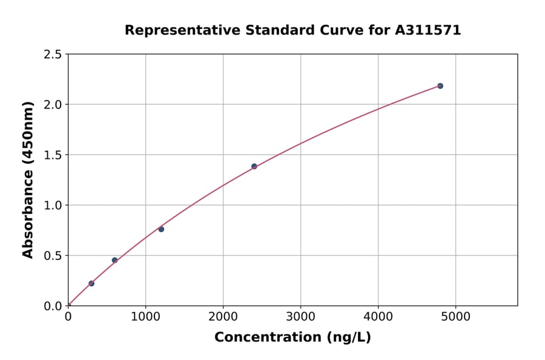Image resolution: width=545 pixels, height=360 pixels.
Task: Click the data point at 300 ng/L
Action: tap(91, 284)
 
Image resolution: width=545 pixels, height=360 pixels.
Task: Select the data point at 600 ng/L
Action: tap(114, 260)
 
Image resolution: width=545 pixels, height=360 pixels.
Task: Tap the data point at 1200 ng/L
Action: tap(161, 229)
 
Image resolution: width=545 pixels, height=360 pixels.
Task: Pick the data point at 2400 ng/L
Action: tap(254, 166)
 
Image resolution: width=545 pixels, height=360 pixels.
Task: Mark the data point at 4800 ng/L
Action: tap(440, 86)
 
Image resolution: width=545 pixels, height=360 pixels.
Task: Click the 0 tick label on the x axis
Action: tap(68, 316)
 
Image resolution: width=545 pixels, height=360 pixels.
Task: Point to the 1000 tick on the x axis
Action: tap(145, 316)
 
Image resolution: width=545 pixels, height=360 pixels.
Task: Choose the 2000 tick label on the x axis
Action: tap(223, 316)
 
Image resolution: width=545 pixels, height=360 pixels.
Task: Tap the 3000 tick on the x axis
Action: tap(300, 316)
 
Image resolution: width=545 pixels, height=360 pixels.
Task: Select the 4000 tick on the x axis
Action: tap(378, 316)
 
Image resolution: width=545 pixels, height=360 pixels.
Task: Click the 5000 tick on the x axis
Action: tap(456, 316)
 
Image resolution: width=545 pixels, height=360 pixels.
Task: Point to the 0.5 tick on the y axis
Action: tap(53, 255)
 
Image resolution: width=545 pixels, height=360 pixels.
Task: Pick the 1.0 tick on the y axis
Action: tap(53, 205)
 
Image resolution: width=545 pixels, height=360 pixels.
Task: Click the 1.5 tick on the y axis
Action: tap(53, 155)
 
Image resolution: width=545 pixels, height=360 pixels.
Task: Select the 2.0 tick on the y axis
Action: tap(53, 104)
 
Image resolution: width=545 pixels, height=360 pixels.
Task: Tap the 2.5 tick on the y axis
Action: tap(53, 54)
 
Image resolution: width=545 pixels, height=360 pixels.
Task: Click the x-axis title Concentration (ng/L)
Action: tap(292, 338)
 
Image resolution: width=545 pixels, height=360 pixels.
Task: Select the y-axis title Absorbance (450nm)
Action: tap(28, 179)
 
